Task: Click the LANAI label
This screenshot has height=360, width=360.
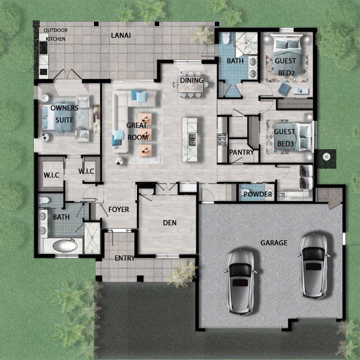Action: (x=121, y=35)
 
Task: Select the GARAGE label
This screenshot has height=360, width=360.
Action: (x=274, y=243)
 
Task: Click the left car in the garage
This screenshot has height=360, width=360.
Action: (x=241, y=281)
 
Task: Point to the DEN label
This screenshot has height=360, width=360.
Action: (x=170, y=223)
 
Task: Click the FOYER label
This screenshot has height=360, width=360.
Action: (x=118, y=210)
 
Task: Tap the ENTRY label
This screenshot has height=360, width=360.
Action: (x=125, y=259)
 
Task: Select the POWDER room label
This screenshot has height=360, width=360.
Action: (x=258, y=194)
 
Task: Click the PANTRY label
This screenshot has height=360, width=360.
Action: (x=241, y=153)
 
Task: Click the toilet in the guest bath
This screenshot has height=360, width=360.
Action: (x=226, y=39)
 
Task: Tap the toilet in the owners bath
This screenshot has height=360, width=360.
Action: (x=45, y=201)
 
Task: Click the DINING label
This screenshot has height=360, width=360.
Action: (x=191, y=81)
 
